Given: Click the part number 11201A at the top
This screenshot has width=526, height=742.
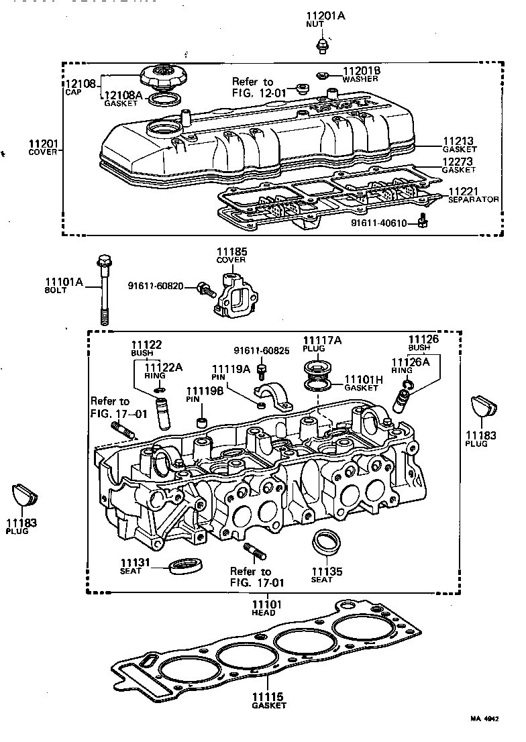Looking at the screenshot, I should click(325, 15).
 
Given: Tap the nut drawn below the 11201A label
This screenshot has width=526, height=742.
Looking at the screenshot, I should click(321, 45).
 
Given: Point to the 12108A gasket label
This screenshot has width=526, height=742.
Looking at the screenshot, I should click(123, 96).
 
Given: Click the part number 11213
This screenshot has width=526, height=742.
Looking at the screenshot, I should click(458, 142).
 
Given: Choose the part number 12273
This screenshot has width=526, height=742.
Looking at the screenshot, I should click(458, 162).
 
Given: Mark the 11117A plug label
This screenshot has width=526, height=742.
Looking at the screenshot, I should click(321, 341).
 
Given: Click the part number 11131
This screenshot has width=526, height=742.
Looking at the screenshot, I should click(135, 562).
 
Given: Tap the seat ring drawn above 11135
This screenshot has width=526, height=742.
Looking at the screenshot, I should click(327, 542).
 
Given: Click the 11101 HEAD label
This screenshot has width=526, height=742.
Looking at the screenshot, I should click(267, 606).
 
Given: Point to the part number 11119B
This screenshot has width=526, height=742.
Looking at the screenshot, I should click(200, 390).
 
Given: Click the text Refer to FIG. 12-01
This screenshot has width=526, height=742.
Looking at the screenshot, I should click(253, 87).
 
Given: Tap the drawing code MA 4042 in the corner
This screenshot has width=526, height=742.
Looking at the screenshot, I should click(484, 718).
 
